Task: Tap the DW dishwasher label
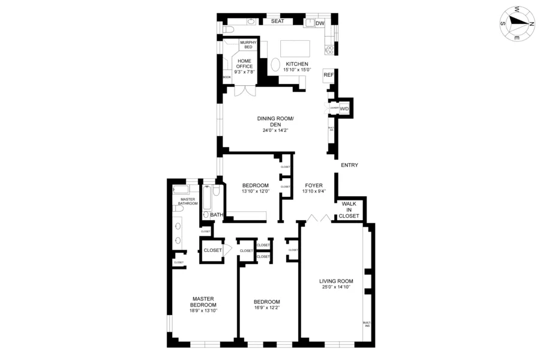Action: pyautogui.click(x=320, y=23)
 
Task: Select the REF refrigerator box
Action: pyautogui.click(x=328, y=76)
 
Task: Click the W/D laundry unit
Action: pyautogui.click(x=344, y=109)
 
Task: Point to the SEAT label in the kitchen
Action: pyautogui.click(x=277, y=21)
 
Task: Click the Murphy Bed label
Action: pyautogui.click(x=248, y=44)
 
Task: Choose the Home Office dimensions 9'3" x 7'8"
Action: pyautogui.click(x=244, y=71)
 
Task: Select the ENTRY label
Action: pyautogui.click(x=349, y=165)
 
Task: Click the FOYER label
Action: pyautogui.click(x=314, y=185)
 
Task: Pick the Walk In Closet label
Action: pyautogui.click(x=350, y=210)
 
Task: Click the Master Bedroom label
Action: pyautogui.click(x=203, y=301)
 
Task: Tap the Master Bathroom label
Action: pyautogui.click(x=187, y=201)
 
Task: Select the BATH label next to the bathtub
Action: pyautogui.click(x=217, y=214)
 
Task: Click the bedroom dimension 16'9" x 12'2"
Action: pyautogui.click(x=266, y=308)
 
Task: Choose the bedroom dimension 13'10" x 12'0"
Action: pyautogui.click(x=256, y=191)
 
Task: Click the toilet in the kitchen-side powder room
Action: pyautogui.click(x=229, y=28)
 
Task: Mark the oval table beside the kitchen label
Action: pyautogui.click(x=275, y=65)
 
